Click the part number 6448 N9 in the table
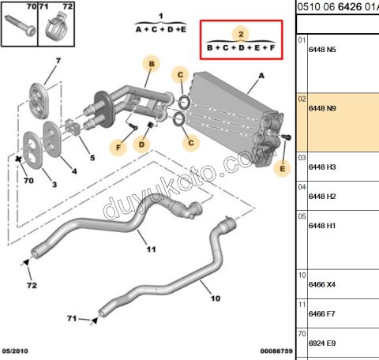coord(321,110)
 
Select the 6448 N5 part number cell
coord(321,50)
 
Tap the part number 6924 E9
coord(321,343)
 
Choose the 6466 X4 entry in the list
coord(321,285)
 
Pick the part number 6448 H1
coord(321,226)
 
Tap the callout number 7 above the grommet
coord(57,61)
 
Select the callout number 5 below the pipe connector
coord(92,158)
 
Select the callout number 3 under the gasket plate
coord(54,185)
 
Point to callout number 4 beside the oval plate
coord(74,171)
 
